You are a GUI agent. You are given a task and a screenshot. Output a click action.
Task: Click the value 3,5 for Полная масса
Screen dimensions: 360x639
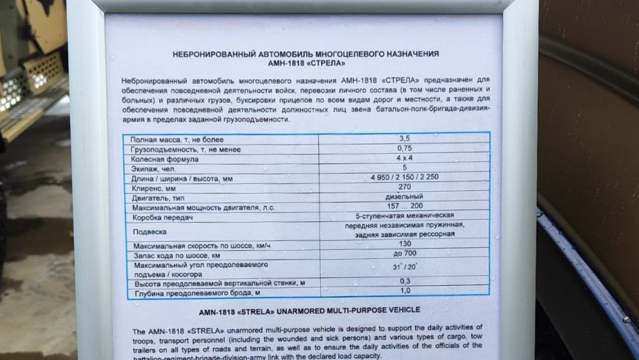(x=404, y=139)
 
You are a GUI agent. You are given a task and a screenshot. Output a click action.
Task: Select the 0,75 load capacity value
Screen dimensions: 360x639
(x=404, y=148)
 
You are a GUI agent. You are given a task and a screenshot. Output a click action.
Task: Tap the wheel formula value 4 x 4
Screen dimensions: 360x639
(x=404, y=157)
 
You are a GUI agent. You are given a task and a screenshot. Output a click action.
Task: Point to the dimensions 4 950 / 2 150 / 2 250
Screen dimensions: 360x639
(x=404, y=177)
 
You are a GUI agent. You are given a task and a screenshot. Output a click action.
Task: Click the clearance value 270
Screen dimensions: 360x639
(x=404, y=186)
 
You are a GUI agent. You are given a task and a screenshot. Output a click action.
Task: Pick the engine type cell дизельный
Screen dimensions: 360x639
(x=404, y=196)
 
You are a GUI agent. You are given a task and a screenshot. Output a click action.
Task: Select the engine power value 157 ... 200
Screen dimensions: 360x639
(x=404, y=206)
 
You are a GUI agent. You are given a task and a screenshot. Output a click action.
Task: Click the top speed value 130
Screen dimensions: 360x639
(x=405, y=244)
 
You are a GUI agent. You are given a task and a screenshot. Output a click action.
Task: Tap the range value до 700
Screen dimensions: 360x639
(x=405, y=253)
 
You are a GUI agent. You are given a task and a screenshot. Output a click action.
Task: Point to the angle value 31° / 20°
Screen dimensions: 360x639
(x=405, y=268)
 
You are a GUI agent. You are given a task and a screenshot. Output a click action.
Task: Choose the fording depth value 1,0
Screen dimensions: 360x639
(x=405, y=290)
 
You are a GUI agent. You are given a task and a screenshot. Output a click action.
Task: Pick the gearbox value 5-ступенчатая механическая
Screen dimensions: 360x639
(x=404, y=215)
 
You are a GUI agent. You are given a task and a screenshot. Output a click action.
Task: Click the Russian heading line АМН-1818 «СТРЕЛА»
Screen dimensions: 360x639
(x=306, y=63)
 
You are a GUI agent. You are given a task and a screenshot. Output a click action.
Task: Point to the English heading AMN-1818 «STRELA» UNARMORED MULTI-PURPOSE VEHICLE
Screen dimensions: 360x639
(x=309, y=311)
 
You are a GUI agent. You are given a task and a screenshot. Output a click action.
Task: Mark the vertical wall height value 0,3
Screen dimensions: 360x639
(x=405, y=281)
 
